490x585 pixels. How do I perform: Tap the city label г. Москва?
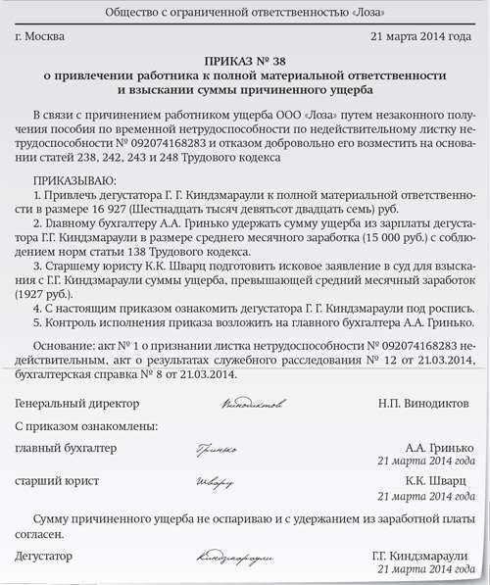45,38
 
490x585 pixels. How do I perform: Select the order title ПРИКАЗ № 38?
245,60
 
